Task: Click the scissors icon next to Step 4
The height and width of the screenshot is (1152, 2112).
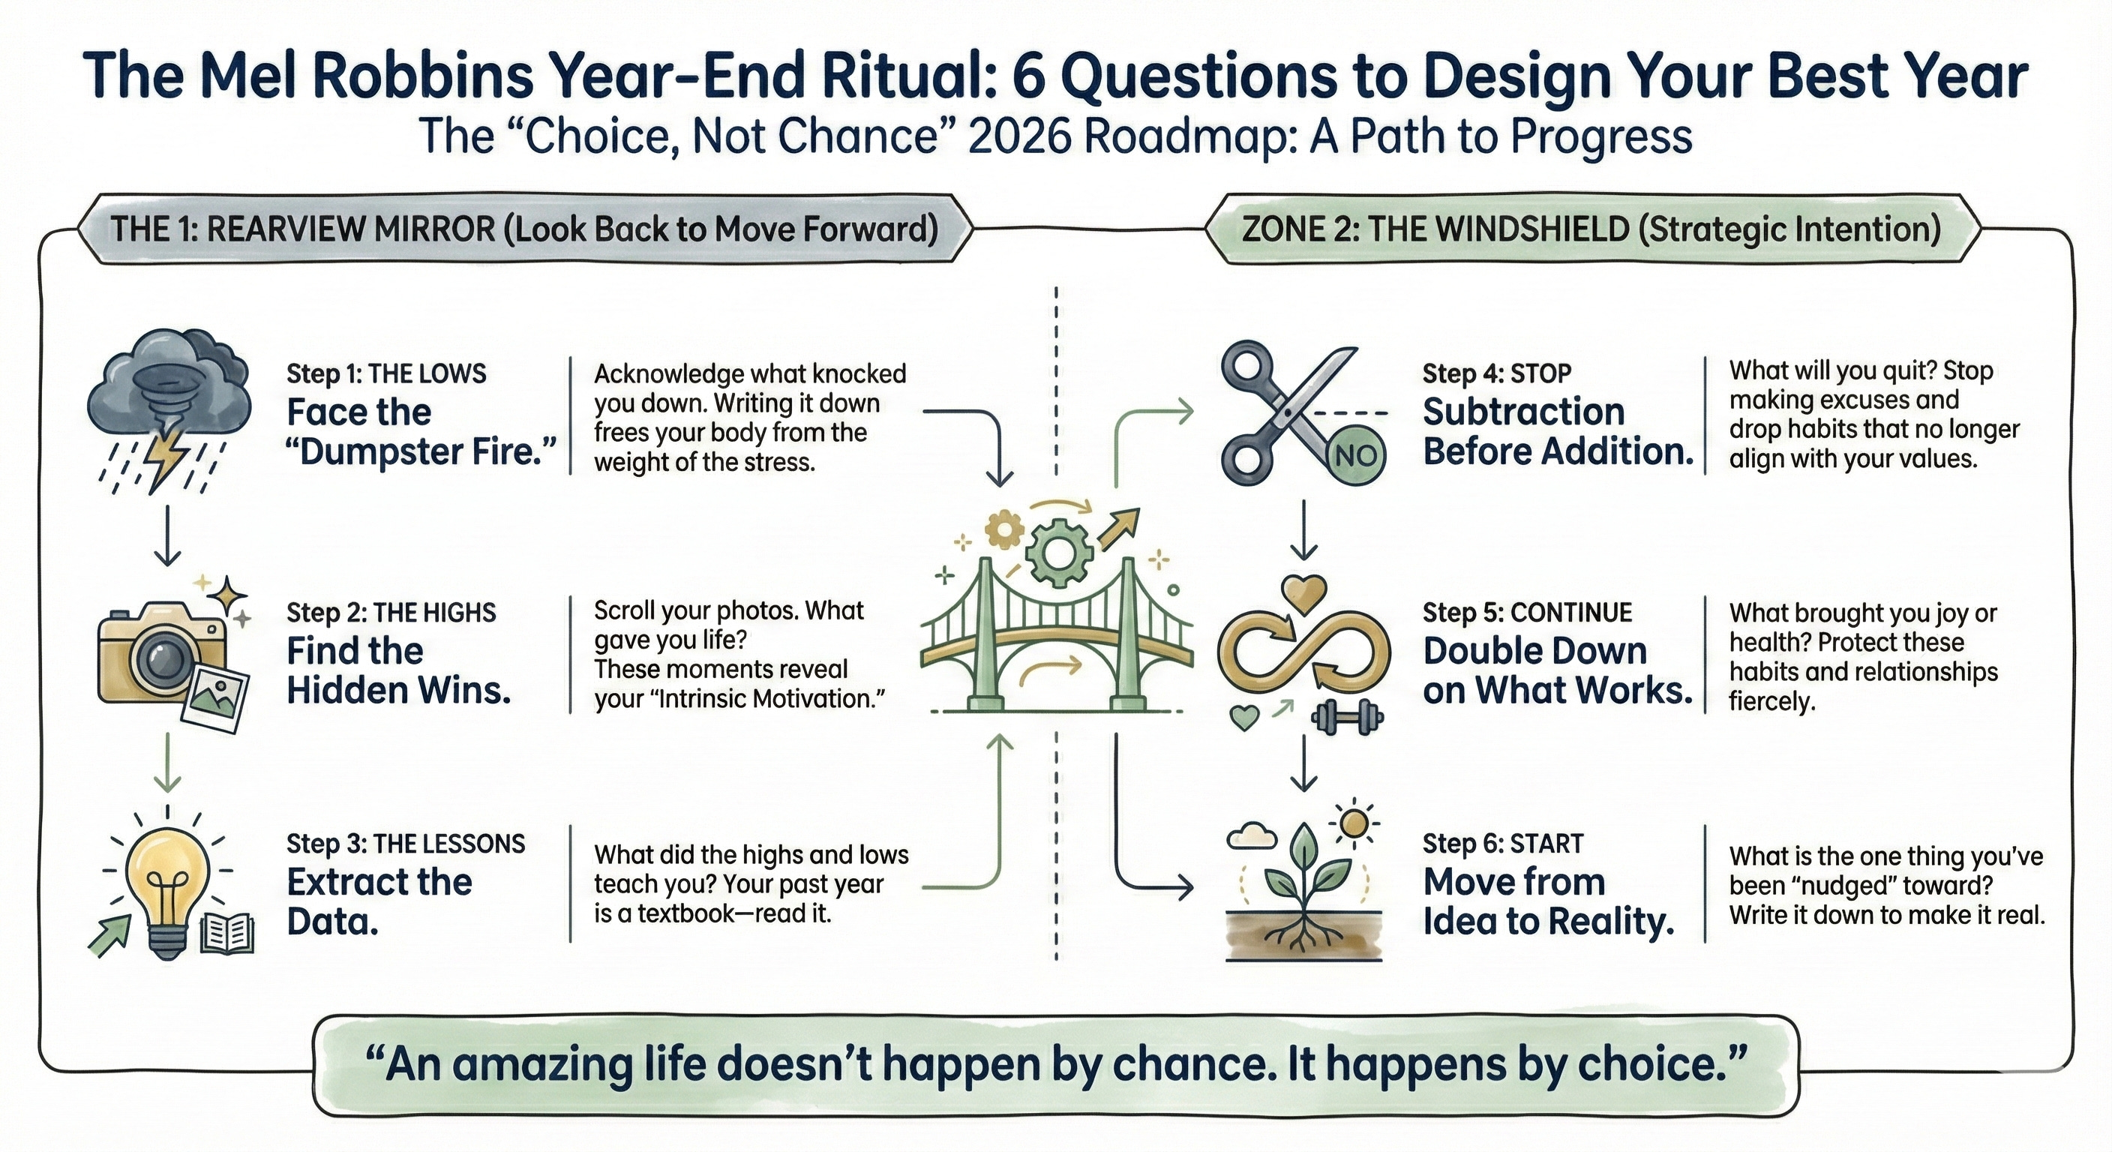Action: tap(1287, 414)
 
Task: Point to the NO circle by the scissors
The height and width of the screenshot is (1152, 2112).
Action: tap(1355, 456)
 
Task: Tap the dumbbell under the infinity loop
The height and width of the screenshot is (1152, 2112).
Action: tap(1347, 718)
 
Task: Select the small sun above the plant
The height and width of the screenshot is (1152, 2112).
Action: tap(1354, 821)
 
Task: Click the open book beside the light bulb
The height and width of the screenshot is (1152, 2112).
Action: tap(227, 932)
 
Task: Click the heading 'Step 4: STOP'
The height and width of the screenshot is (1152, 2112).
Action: tap(1496, 374)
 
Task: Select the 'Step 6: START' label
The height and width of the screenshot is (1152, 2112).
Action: tap(1503, 844)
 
